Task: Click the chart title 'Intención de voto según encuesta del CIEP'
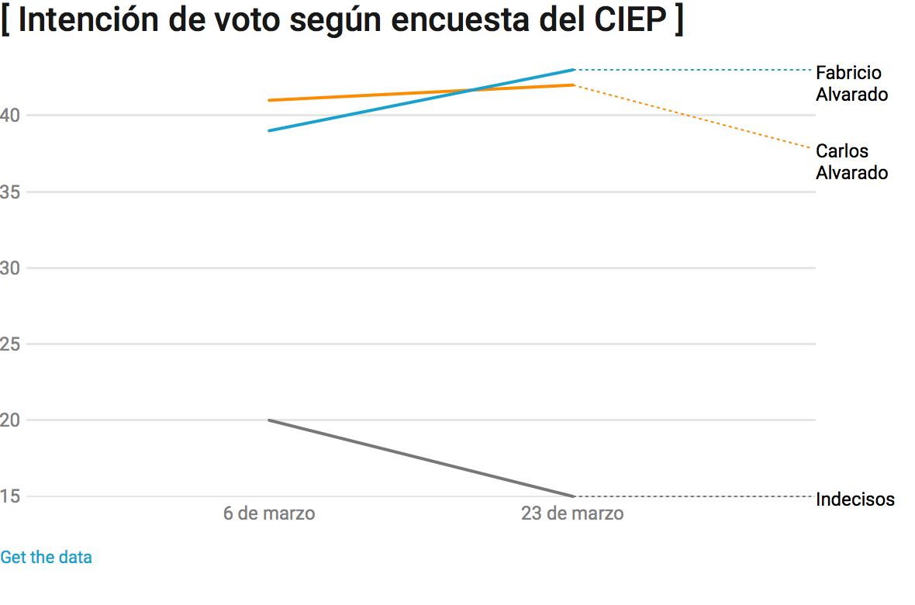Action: [342, 20]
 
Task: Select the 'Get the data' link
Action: [46, 557]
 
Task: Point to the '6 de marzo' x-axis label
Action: [269, 513]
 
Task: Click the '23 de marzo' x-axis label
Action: [572, 513]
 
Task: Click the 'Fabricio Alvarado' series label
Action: [851, 84]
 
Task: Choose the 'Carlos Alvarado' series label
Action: [851, 161]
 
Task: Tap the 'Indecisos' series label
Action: [855, 500]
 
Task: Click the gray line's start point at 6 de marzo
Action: [269, 420]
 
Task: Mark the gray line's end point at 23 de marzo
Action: [572, 496]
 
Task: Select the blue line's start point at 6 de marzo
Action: [269, 130]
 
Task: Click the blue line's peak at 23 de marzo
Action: [572, 70]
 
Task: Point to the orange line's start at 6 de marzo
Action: [269, 100]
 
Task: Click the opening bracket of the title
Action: [5, 20]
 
